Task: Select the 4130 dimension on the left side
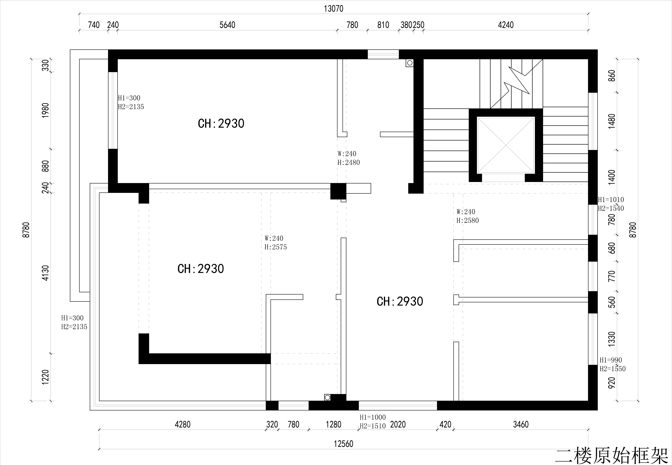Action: coord(46,273)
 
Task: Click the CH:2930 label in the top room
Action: coord(221,123)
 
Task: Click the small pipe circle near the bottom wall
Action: coord(327,397)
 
